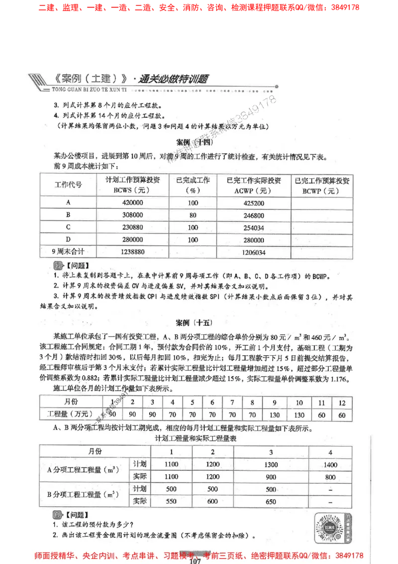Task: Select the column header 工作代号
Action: click(x=68, y=184)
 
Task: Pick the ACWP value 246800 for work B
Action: click(x=253, y=215)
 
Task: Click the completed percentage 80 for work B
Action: click(x=193, y=215)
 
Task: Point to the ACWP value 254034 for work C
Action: click(x=253, y=228)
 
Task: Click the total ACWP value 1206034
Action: click(x=253, y=253)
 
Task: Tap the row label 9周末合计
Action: click(x=68, y=252)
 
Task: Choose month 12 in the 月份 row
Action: click(x=342, y=402)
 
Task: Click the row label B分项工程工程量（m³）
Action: click(x=83, y=495)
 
